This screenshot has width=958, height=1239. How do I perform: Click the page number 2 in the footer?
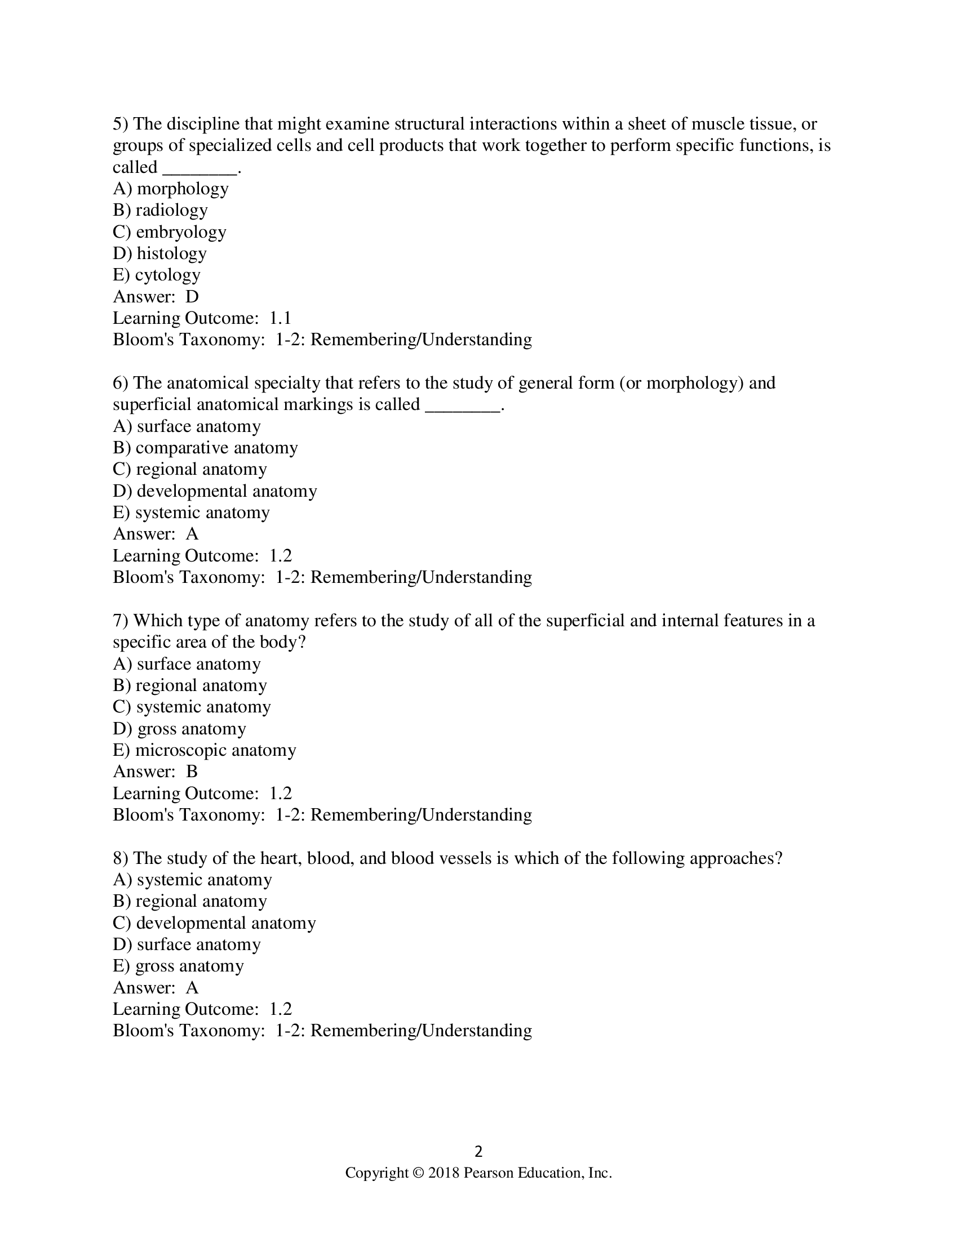478,1151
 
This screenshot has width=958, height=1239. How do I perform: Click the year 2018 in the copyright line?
443,1173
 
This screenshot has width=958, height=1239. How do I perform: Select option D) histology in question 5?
159,253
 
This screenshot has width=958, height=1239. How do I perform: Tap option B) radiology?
160,210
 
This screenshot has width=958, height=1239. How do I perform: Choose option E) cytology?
157,275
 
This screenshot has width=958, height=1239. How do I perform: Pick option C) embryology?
169,231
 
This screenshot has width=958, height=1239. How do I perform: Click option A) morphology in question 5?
170,188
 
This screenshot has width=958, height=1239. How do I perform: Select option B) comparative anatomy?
205,448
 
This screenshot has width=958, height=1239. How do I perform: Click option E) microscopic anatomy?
205,750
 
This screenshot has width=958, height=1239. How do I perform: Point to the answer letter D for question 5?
192,297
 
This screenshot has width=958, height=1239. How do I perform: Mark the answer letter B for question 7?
192,772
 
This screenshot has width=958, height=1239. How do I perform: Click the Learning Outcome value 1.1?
281,318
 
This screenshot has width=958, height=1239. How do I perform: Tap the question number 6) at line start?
121,383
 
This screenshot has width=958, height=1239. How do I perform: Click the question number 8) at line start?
121,858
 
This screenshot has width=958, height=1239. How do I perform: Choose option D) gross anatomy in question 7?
179,728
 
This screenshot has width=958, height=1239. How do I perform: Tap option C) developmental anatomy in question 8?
214,923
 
